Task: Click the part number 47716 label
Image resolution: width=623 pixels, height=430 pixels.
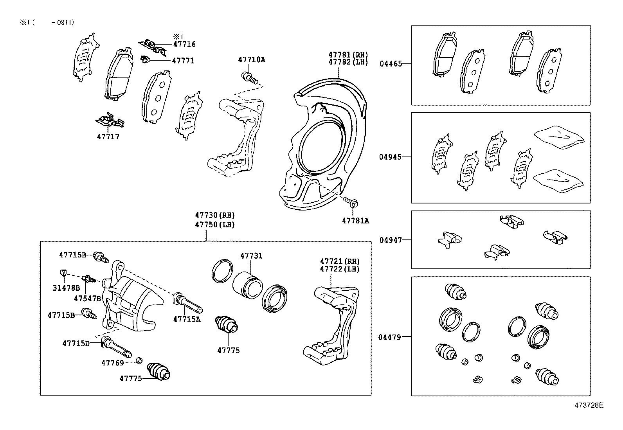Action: [x=184, y=45]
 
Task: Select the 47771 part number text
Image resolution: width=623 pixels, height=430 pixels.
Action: [x=183, y=61]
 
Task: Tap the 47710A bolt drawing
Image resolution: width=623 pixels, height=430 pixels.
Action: [x=250, y=77]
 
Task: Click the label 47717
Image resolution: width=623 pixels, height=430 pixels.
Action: [x=108, y=137]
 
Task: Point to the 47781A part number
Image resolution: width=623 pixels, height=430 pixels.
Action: [x=355, y=221]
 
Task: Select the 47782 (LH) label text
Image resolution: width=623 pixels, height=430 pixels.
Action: [x=348, y=62]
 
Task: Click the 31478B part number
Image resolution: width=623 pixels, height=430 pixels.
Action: [x=66, y=288]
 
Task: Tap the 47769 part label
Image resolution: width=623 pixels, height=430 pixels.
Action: [x=113, y=363]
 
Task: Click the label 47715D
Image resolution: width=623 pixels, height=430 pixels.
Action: [x=76, y=344]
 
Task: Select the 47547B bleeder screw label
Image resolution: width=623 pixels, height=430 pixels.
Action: [x=87, y=299]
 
